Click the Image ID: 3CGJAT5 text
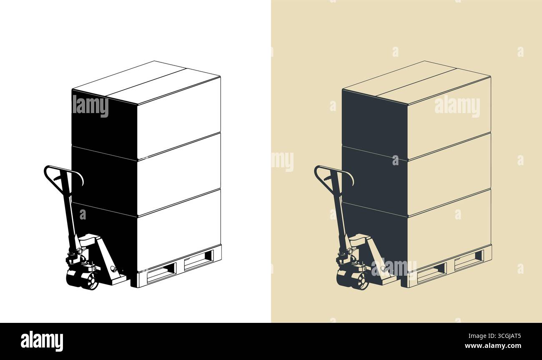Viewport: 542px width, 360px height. pos(494,336)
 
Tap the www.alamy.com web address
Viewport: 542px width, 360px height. pos(493,346)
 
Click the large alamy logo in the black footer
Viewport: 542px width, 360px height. pos(42,342)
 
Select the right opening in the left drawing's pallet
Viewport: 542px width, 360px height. pos(199,260)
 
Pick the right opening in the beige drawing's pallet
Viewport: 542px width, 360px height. pos(469,260)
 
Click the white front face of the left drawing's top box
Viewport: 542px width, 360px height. pos(179,118)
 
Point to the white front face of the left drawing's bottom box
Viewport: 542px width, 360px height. pos(179,230)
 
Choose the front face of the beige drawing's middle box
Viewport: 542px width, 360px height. pos(449,174)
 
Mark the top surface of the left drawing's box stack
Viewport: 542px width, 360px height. pos(146,83)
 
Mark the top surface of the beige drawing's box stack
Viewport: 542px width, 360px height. pos(417,83)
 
